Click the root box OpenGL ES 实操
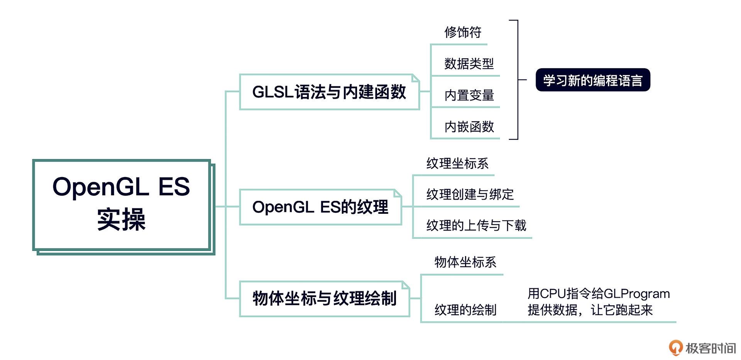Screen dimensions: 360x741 [x=121, y=205]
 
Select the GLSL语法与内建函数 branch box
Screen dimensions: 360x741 [x=329, y=92]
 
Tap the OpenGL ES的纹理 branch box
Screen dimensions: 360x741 [x=320, y=207]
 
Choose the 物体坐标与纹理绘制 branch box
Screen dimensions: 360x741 [x=324, y=299]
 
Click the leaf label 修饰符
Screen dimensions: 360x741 [x=463, y=32]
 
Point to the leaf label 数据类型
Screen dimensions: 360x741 [x=469, y=64]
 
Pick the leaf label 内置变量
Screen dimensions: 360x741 [x=469, y=95]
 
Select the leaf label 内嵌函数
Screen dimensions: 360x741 [x=469, y=127]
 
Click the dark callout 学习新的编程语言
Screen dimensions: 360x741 [x=593, y=80]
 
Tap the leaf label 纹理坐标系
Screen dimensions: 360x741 [x=457, y=164]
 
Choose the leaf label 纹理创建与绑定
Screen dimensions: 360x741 [x=470, y=194]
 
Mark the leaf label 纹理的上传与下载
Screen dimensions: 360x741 [x=476, y=225]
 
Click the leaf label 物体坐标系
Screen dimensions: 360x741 [x=465, y=262]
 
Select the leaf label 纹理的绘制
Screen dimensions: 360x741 [x=465, y=310]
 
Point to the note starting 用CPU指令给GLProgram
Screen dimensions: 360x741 [x=598, y=302]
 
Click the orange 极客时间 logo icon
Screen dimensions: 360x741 [x=675, y=347]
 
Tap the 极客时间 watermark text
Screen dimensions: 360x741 [x=711, y=348]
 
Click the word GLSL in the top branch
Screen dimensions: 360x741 [x=272, y=92]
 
